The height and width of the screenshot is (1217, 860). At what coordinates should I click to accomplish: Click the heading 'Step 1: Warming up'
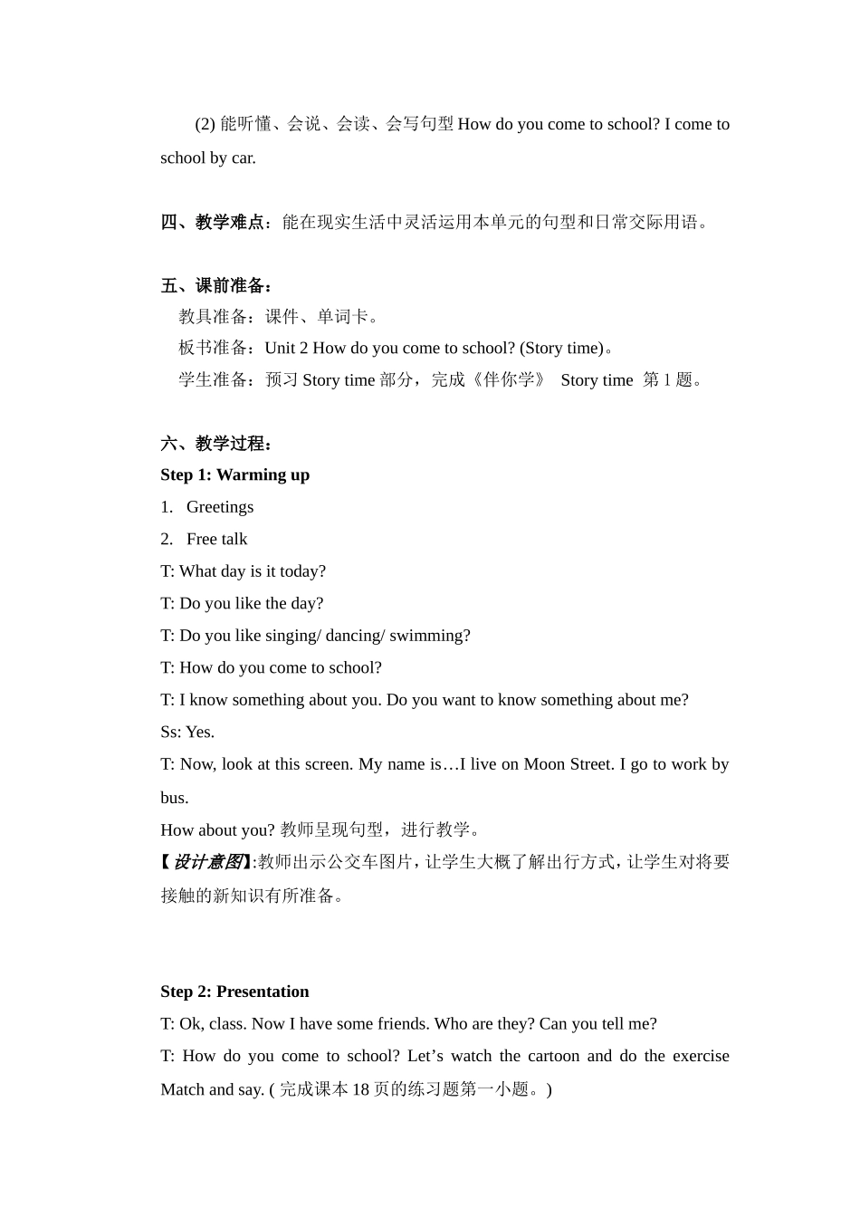pyautogui.click(x=234, y=474)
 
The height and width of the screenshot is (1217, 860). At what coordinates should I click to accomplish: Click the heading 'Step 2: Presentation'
pyautogui.click(x=234, y=992)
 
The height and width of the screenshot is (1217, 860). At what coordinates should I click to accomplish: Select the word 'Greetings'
pyautogui.click(x=220, y=507)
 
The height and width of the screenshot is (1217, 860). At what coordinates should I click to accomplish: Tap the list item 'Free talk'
pyautogui.click(x=216, y=539)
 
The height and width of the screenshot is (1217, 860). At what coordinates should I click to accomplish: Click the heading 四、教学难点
pyautogui.click(x=213, y=222)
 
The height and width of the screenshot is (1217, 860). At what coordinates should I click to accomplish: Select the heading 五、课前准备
pyautogui.click(x=213, y=286)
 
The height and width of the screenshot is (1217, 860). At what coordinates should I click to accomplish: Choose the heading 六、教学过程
pyautogui.click(x=213, y=444)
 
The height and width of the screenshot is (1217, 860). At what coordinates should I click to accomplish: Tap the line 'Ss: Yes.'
pyautogui.click(x=187, y=732)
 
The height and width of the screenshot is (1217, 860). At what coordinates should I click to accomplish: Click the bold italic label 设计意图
pyautogui.click(x=207, y=862)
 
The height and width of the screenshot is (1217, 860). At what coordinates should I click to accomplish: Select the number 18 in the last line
pyautogui.click(x=360, y=1089)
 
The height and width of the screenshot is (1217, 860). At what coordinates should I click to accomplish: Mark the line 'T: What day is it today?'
pyautogui.click(x=243, y=571)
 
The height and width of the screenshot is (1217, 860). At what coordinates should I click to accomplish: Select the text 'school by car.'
pyautogui.click(x=208, y=158)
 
